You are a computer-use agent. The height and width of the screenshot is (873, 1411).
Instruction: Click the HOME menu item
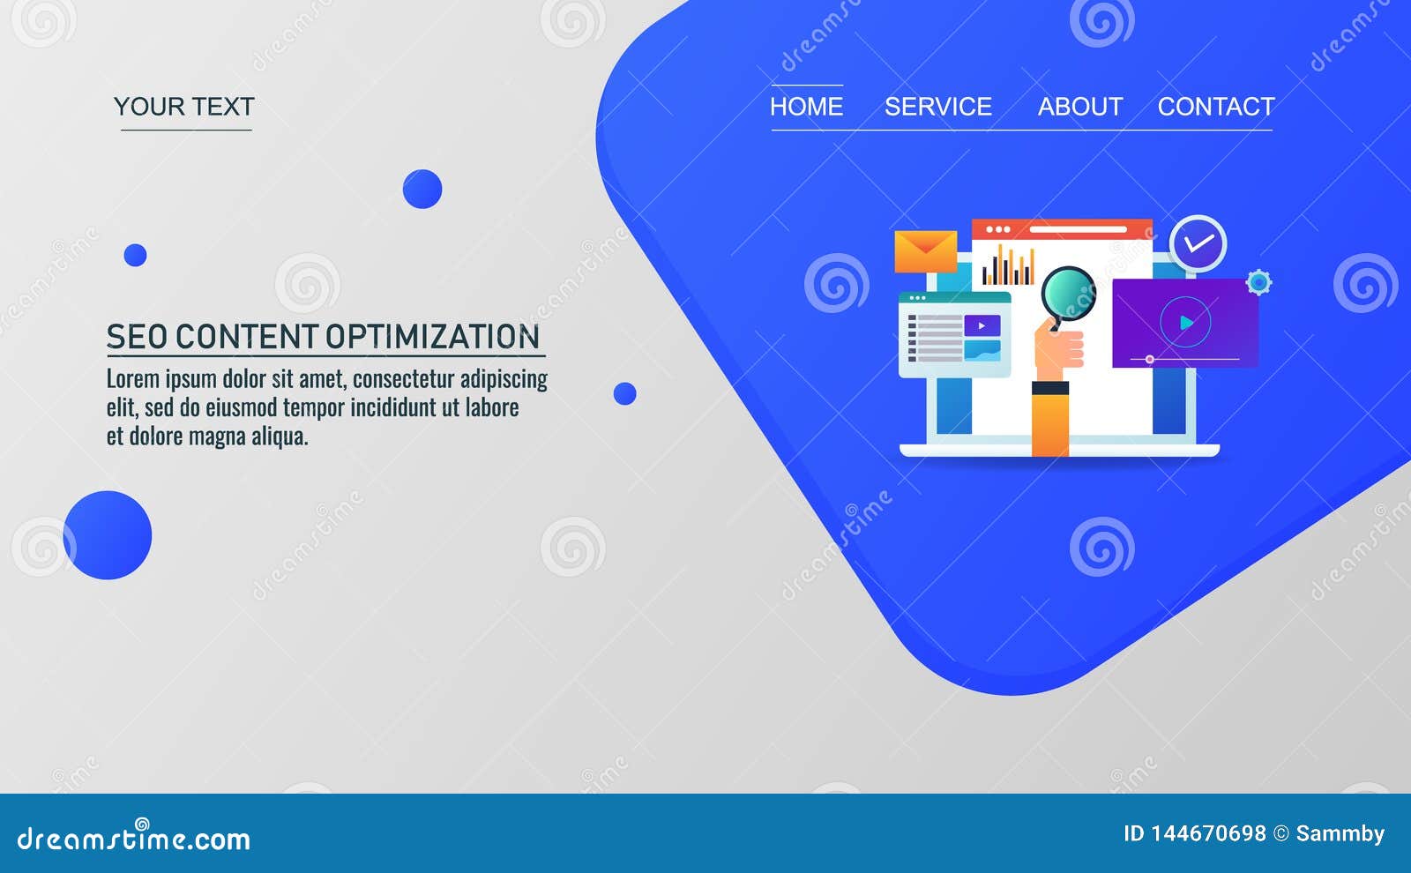point(806,107)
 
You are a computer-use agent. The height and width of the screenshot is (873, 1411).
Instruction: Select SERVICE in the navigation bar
point(938,107)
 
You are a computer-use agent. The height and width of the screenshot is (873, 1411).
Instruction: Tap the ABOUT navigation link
point(1080,107)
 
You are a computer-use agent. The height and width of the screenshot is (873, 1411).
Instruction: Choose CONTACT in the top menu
point(1216,107)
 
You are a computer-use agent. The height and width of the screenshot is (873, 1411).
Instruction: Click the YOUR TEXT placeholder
point(184,107)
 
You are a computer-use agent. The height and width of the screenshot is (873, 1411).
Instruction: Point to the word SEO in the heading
point(137,337)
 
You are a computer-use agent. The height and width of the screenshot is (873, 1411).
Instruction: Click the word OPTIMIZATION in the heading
point(432,337)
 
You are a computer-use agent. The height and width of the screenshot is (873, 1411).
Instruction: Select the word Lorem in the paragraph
point(132,379)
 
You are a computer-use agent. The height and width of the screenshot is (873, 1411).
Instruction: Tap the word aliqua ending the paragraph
point(279,436)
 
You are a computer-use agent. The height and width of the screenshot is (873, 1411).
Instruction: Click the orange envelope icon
point(925,251)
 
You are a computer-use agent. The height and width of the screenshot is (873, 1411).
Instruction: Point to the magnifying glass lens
point(1068,294)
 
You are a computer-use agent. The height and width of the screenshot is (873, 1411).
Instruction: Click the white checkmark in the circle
point(1198,243)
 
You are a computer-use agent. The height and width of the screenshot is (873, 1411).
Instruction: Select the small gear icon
point(1258,282)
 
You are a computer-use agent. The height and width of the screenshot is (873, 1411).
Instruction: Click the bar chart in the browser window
point(1008,266)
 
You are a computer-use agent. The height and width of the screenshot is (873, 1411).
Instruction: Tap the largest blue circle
point(108,535)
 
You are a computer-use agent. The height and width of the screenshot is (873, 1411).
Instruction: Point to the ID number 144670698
point(1207,833)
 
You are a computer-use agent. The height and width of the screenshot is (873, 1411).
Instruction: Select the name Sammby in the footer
point(1340,833)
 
